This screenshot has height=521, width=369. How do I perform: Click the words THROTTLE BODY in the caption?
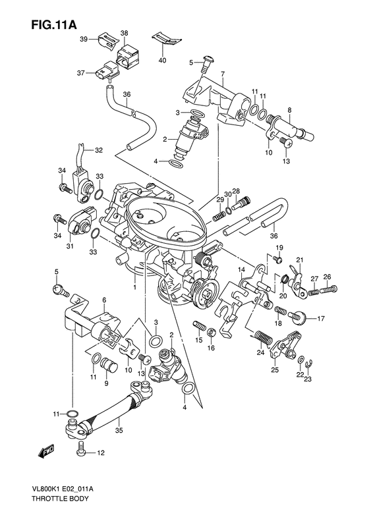60,499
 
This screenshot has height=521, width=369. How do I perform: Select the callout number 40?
163,61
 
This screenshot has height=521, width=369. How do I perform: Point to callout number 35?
119,430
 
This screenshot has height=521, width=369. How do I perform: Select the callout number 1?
134,286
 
